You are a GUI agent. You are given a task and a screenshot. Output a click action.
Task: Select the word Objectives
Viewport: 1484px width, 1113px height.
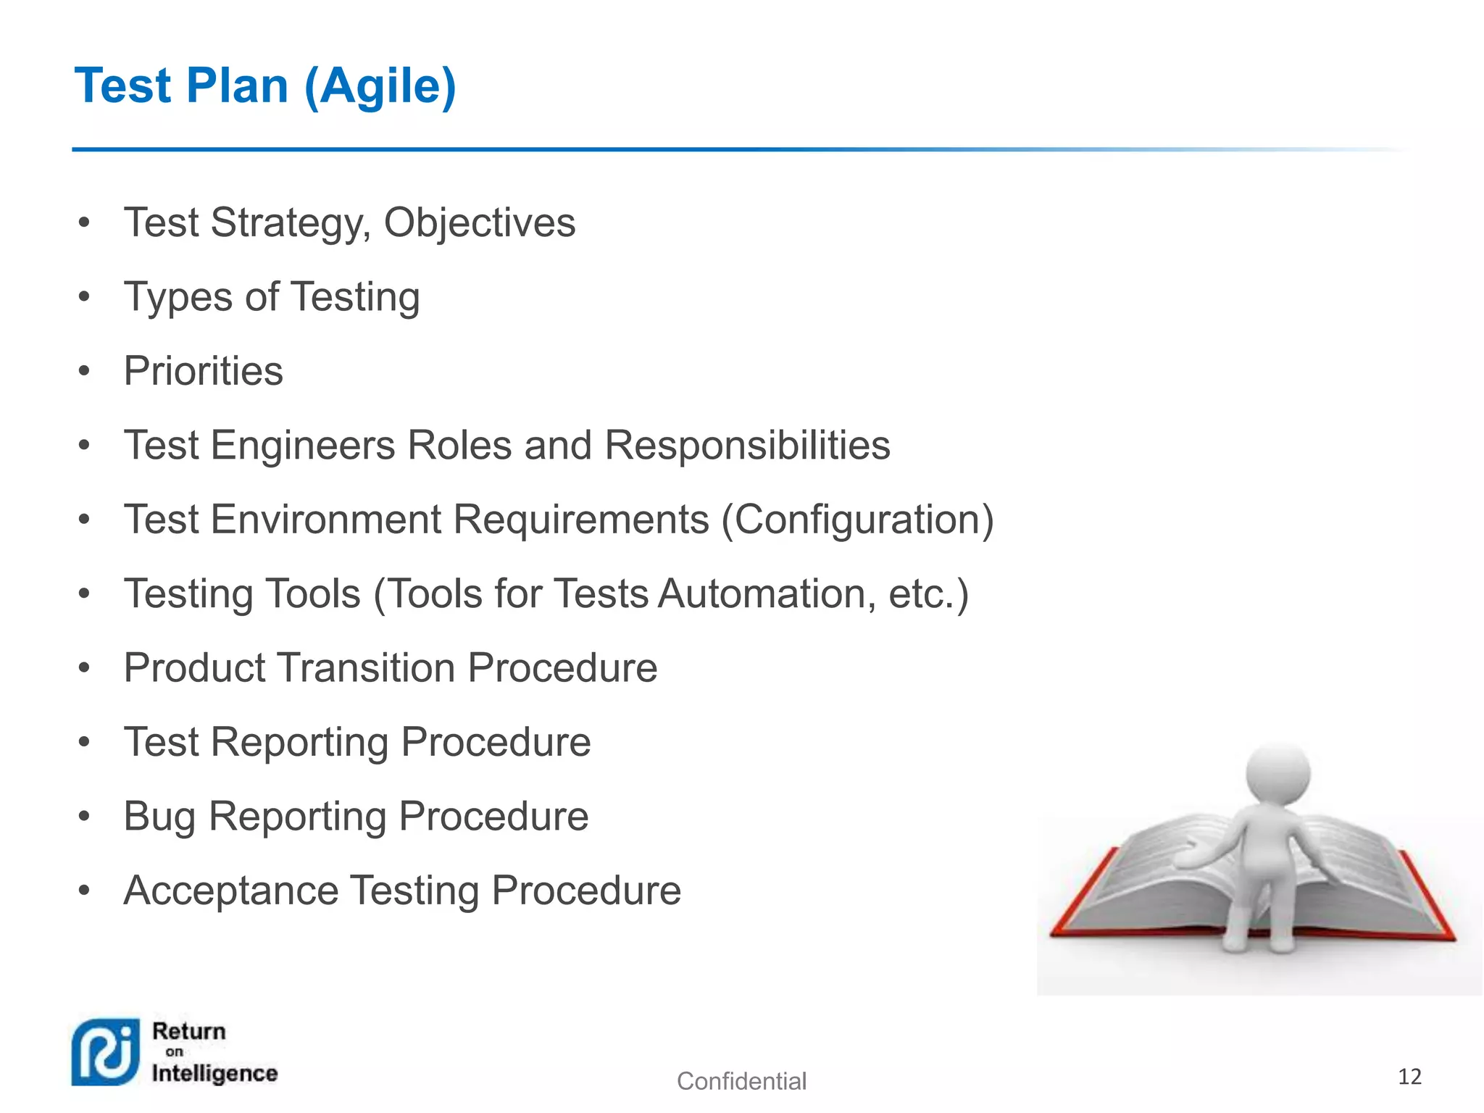479,222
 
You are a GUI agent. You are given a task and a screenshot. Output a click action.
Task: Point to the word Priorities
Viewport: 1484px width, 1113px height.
203,371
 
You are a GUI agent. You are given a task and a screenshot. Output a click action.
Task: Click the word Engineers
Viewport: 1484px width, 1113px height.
302,445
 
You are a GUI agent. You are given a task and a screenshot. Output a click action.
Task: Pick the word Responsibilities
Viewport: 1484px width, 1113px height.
747,445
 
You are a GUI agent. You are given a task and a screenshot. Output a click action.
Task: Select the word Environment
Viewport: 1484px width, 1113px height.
326,520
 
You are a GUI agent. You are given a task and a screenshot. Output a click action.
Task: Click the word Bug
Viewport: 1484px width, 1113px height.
159,817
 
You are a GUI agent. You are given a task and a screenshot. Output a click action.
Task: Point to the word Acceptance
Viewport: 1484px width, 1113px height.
230,891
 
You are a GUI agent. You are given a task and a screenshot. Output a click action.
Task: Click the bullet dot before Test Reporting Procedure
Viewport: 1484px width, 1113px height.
84,742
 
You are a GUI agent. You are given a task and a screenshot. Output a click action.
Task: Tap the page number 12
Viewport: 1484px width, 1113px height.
1409,1077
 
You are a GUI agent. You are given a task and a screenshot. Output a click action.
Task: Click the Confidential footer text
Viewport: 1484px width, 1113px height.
741,1081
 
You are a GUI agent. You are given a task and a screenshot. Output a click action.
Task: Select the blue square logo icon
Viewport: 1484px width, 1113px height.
106,1052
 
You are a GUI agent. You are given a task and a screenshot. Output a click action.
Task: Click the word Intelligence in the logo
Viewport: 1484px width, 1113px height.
214,1074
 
